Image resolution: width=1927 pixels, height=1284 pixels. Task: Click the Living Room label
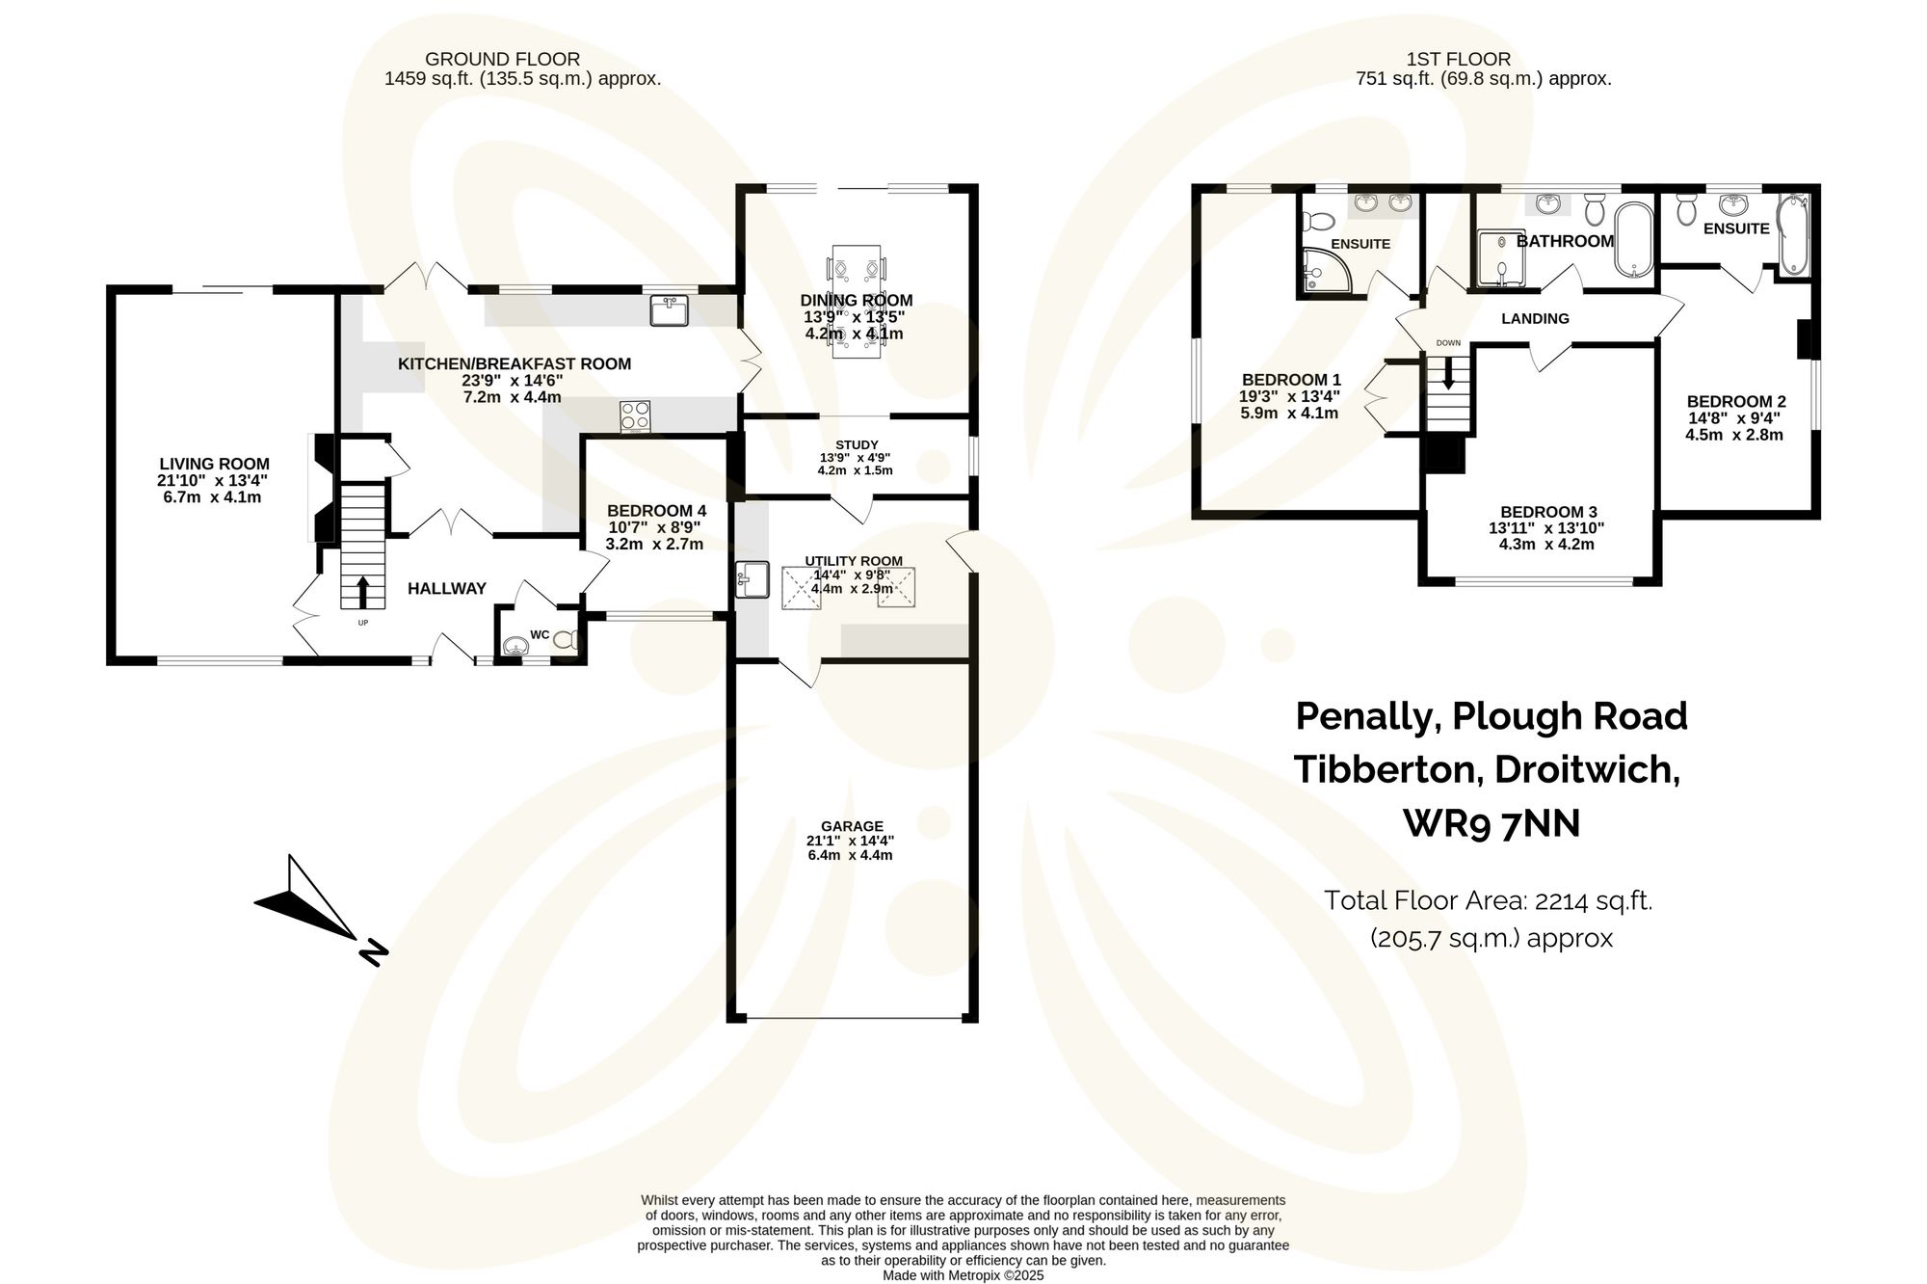(214, 464)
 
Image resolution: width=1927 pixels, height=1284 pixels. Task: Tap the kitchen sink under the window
(669, 311)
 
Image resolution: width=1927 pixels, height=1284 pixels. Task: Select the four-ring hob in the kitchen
(635, 416)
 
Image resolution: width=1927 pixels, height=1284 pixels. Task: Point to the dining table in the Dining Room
(856, 301)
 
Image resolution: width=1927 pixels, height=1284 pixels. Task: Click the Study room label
(856, 444)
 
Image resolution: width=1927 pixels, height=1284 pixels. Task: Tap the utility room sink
(751, 579)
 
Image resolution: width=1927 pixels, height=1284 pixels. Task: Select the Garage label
(852, 826)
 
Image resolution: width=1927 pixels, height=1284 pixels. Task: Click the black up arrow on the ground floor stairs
(362, 591)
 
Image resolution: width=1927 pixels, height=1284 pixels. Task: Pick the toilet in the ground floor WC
(566, 638)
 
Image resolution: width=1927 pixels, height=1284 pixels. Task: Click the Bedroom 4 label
(656, 510)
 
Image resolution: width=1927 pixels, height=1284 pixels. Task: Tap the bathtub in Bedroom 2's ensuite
(1793, 234)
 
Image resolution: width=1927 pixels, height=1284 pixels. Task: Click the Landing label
(1535, 318)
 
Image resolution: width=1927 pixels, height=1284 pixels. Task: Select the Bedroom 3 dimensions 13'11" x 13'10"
(1546, 528)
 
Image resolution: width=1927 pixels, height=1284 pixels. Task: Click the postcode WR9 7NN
(1491, 823)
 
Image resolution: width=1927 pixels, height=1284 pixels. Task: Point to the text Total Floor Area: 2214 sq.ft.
(1488, 900)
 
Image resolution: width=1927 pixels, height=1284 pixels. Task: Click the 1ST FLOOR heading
(1458, 59)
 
